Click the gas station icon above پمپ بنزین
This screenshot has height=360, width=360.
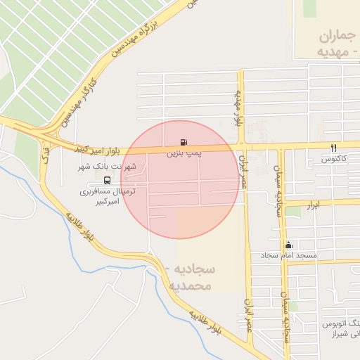coord(184,141)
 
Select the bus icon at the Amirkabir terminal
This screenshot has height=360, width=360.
coord(107,179)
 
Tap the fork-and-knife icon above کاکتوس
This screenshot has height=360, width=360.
coord(333,148)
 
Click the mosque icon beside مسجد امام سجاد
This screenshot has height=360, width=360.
coord(288,245)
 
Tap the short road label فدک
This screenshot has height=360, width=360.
coord(46,154)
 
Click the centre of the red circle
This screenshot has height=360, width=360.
coord(180,179)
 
